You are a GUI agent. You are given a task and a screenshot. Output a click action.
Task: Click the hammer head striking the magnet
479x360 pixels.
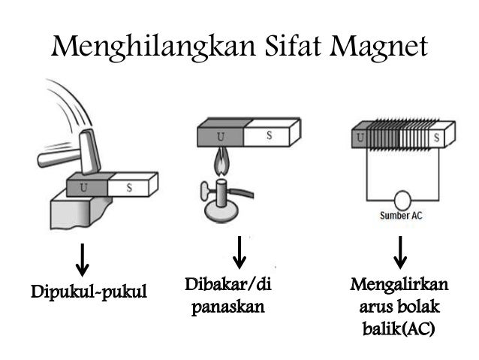[x=90, y=153]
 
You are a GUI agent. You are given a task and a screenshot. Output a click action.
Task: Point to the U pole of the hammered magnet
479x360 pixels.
[x=84, y=186]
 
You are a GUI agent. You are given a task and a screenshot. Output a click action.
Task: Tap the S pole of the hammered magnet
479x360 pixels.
[x=129, y=186]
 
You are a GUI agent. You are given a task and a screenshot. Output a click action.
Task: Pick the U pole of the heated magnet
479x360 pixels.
[x=221, y=135]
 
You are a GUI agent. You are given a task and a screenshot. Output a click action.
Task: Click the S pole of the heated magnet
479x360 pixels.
[x=269, y=135]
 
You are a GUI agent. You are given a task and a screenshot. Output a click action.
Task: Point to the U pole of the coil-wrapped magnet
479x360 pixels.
[x=360, y=138]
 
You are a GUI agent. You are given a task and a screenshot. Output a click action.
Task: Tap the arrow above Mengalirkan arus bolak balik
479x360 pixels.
[x=401, y=253]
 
